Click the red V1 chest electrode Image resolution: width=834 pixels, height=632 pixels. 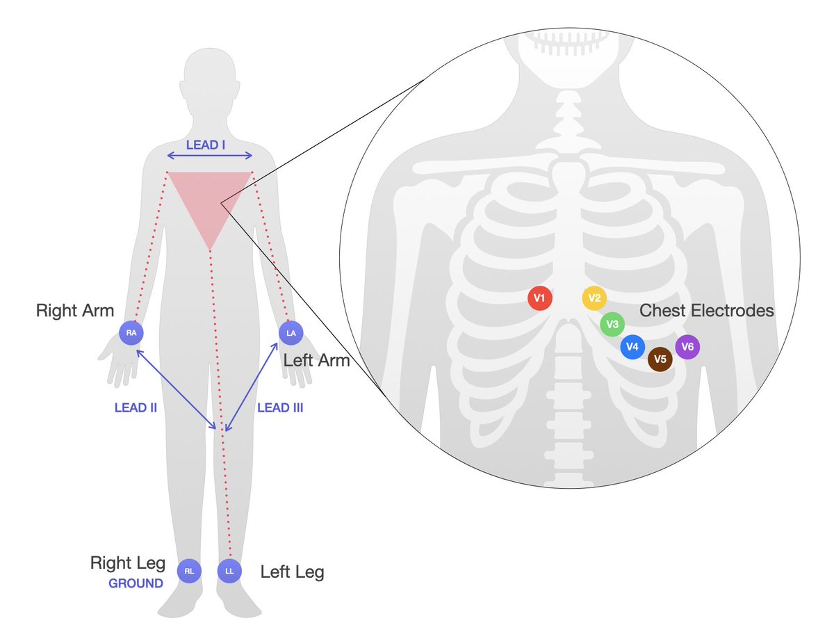[x=539, y=298]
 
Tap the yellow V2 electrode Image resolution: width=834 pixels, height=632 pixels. [x=594, y=298]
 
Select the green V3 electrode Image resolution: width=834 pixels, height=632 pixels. [x=612, y=324]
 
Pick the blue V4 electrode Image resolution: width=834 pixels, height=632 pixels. [x=632, y=346]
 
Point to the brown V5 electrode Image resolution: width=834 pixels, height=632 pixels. [x=660, y=359]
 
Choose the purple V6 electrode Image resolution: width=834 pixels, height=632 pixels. [x=687, y=346]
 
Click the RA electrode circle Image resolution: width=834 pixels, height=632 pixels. [x=131, y=333]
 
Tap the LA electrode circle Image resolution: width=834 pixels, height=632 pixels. [x=291, y=333]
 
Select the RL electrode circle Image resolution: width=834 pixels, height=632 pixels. [x=189, y=572]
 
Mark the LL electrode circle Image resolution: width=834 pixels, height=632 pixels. [x=229, y=572]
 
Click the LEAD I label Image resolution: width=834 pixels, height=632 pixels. [x=209, y=145]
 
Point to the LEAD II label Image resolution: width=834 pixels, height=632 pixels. [x=136, y=408]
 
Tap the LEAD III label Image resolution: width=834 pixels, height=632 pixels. [x=280, y=408]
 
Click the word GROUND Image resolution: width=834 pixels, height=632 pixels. [x=136, y=583]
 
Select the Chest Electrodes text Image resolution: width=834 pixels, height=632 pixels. [x=707, y=311]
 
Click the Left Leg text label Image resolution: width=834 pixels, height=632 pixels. [x=292, y=572]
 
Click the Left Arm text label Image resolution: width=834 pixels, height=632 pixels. [x=316, y=360]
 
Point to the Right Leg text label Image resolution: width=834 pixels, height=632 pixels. [x=128, y=563]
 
